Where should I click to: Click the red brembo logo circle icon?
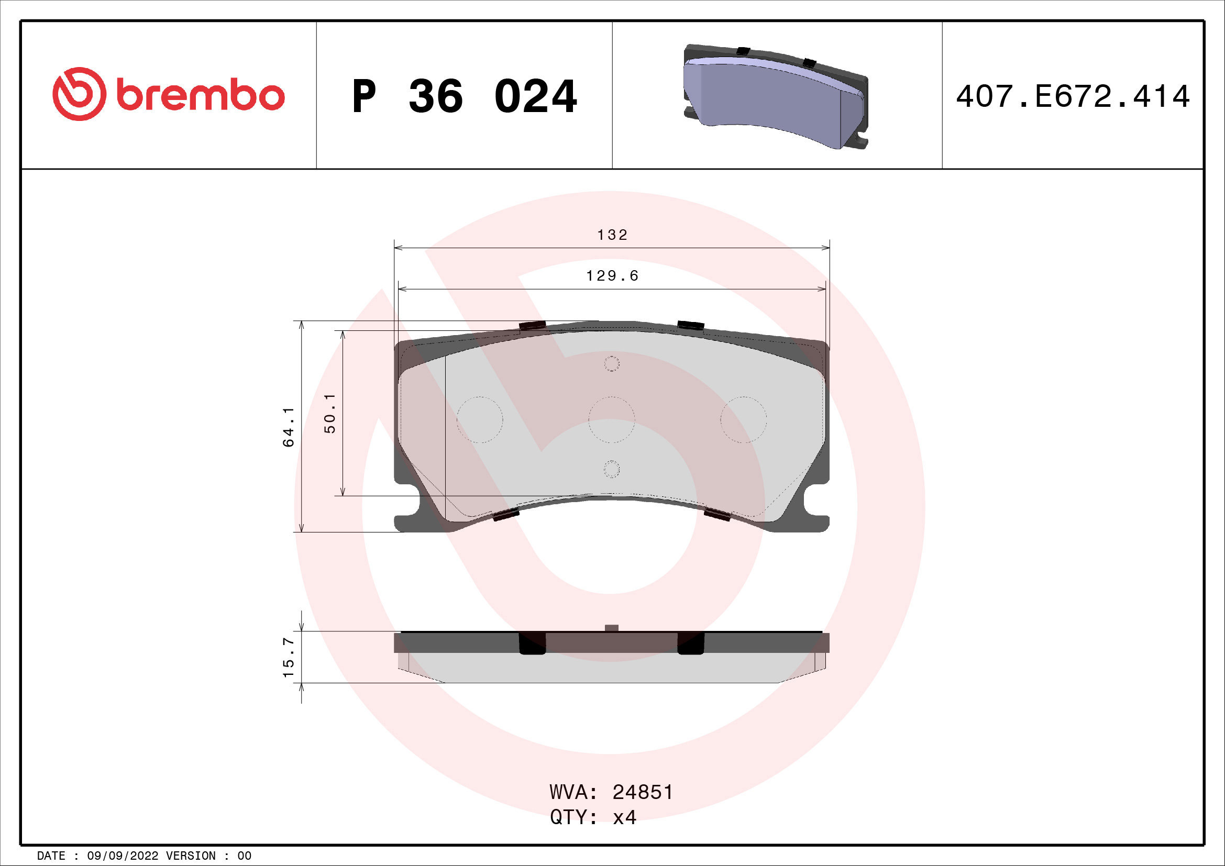pos(78,94)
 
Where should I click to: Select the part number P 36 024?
pos(463,96)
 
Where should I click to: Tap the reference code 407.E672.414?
pos(1073,96)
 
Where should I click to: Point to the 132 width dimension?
pos(612,235)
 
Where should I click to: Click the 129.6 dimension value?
pos(612,276)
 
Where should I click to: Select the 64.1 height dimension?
pos(289,427)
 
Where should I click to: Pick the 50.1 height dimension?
pos(330,413)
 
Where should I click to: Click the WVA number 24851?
pos(643,792)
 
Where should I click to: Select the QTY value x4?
pos(624,817)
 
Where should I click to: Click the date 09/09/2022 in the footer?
pos(122,856)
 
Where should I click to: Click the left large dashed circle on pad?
pos(480,420)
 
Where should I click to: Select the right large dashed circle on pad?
pos(743,420)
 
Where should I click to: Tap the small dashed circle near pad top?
pos(611,364)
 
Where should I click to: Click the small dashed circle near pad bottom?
pos(611,469)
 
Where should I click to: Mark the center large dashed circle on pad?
pos(611,420)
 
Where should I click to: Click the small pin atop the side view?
pos(612,628)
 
